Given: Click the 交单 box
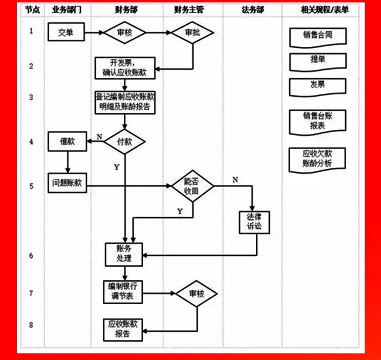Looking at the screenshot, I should (x=66, y=33).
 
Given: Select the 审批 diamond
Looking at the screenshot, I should (x=193, y=33).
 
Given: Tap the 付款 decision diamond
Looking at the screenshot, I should (x=125, y=142).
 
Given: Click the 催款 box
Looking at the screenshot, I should (x=67, y=141).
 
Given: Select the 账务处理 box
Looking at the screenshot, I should (x=124, y=254).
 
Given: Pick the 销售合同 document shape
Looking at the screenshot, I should (x=318, y=36).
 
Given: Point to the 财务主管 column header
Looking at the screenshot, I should (x=192, y=10).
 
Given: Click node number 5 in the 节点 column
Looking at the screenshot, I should (x=31, y=186).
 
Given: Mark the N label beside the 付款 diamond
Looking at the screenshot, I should (x=99, y=137).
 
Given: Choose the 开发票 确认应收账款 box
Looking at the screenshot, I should (x=124, y=68).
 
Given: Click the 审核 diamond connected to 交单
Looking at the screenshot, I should (x=124, y=33).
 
